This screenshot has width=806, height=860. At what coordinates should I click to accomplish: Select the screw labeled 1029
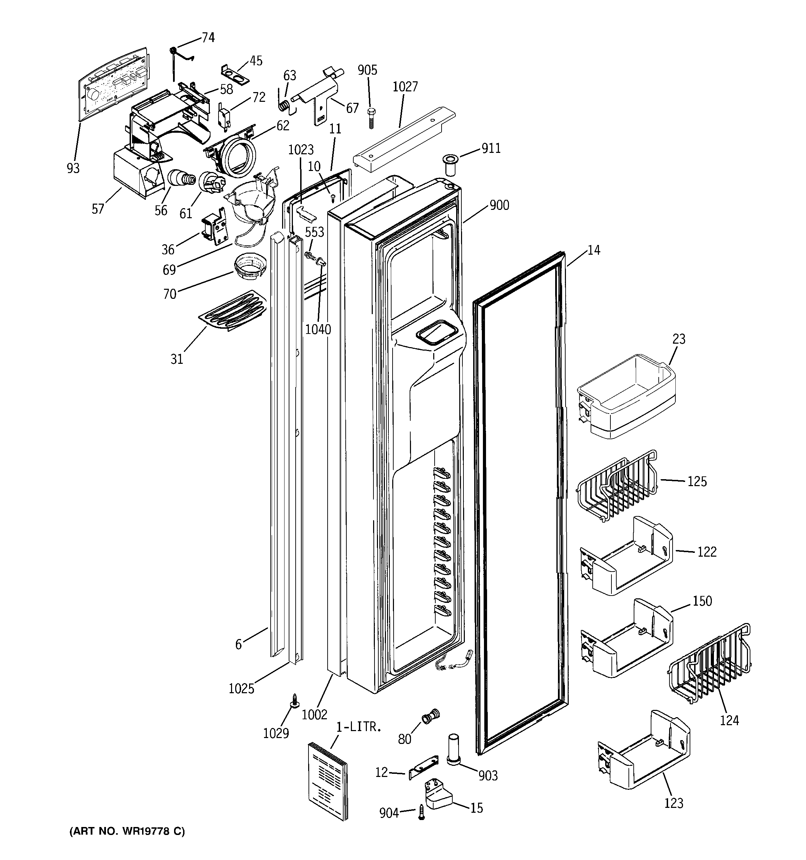click(x=294, y=701)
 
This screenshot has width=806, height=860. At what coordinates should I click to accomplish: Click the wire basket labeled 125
click(x=617, y=487)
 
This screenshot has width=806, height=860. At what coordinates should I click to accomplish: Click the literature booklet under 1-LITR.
click(x=328, y=780)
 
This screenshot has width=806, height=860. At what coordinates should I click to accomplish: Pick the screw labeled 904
click(x=421, y=811)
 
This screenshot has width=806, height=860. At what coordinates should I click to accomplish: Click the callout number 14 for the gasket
click(x=594, y=250)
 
